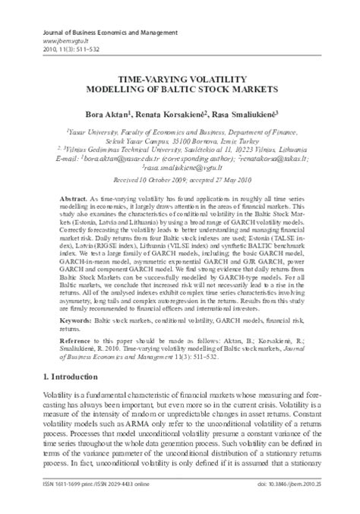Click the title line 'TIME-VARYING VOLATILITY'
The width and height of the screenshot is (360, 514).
click(x=179, y=78)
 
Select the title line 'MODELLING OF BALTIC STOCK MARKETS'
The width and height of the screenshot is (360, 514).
click(x=179, y=89)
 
